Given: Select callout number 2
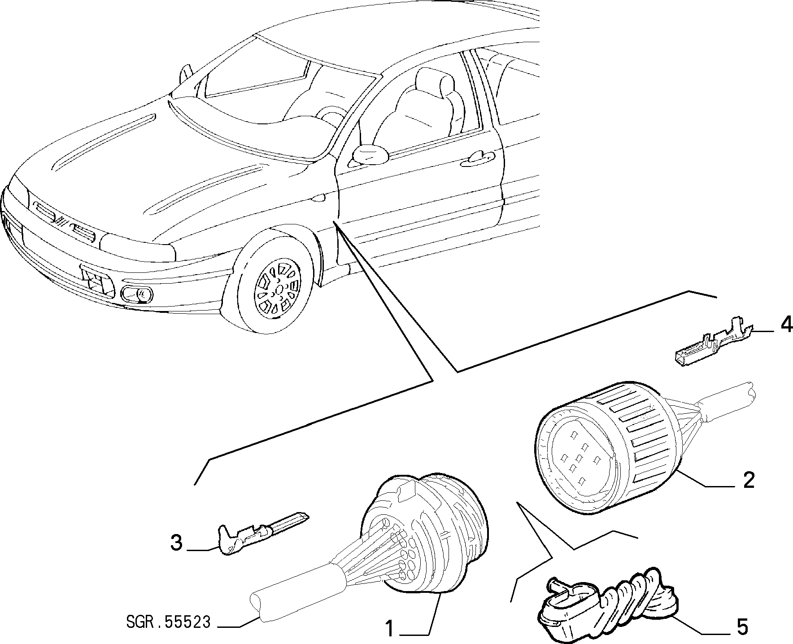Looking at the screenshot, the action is (x=749, y=480).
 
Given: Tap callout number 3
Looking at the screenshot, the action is (x=177, y=543).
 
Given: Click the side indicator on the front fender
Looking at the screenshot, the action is (x=319, y=197).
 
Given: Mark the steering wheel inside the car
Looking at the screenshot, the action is (x=331, y=118).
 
